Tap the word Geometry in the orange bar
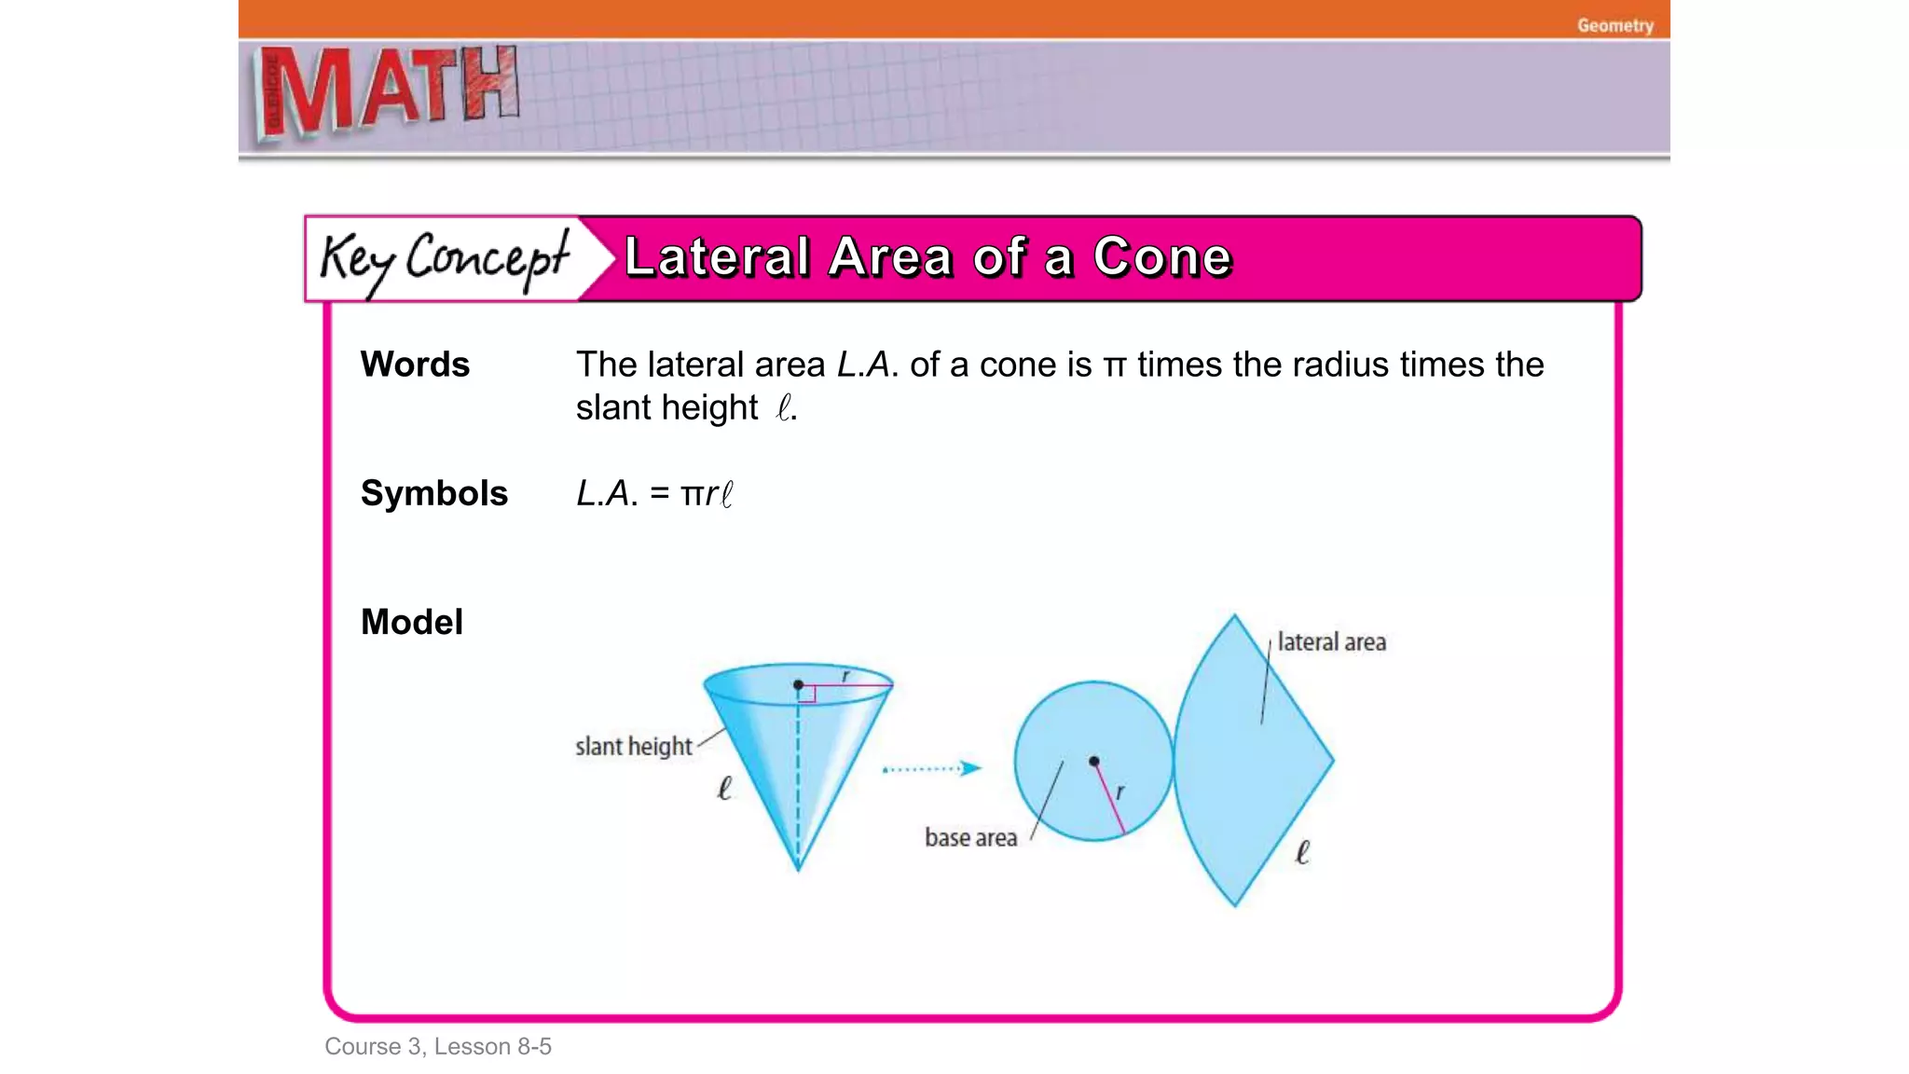[x=1614, y=25]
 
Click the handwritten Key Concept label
[x=444, y=259]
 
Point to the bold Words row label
[x=415, y=365]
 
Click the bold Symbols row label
[x=434, y=493]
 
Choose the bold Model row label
[x=412, y=622]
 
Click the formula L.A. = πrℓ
[x=654, y=494]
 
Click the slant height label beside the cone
[x=634, y=747]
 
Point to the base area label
[x=970, y=838]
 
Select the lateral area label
[x=1331, y=642]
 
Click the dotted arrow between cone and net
[x=931, y=769]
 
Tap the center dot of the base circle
[x=1094, y=762]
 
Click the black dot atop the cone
[x=799, y=685]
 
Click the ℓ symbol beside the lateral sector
[x=1302, y=852]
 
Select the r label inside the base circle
[x=1120, y=792]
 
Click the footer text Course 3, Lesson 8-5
[x=438, y=1047]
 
